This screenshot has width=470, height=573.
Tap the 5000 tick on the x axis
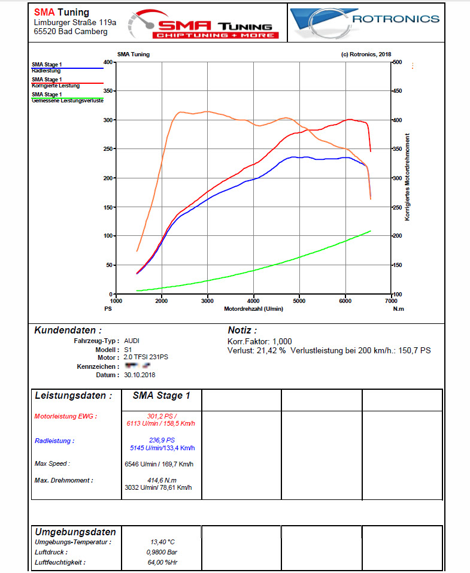pyautogui.click(x=299, y=301)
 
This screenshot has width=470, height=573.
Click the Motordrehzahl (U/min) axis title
pyautogui.click(x=254, y=309)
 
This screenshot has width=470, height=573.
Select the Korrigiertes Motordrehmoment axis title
pyautogui.click(x=407, y=177)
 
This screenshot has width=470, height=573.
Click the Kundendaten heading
pyautogui.click(x=68, y=331)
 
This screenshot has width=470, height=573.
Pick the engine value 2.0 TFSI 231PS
pyautogui.click(x=146, y=357)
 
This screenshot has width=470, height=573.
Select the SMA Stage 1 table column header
pyautogui.click(x=161, y=396)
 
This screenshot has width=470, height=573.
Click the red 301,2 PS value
pyautogui.click(x=161, y=415)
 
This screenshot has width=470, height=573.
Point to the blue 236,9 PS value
pyautogui.click(x=161, y=440)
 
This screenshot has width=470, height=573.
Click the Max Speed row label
pyautogui.click(x=52, y=463)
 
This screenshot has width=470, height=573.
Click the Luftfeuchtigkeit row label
pyautogui.click(x=59, y=562)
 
